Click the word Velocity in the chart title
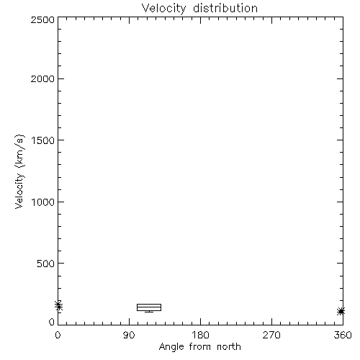pyautogui.click(x=163, y=9)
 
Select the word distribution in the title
pyautogui.click(x=225, y=8)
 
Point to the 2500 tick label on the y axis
pyautogui.click(x=42, y=19)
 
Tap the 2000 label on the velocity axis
pyautogui.click(x=42, y=78)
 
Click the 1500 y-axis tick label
pyautogui.click(x=43, y=140)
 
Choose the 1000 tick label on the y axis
pyautogui.click(x=43, y=202)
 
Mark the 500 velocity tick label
pyautogui.click(x=46, y=264)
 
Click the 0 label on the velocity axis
pyautogui.click(x=52, y=322)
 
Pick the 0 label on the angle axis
pyautogui.click(x=58, y=335)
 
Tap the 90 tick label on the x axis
pyautogui.click(x=129, y=335)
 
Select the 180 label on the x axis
pyautogui.click(x=200, y=335)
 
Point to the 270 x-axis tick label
pyautogui.click(x=271, y=335)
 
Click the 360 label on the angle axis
pyautogui.click(x=343, y=335)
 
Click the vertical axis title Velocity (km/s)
pyautogui.click(x=19, y=171)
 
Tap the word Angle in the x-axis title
pyautogui.click(x=171, y=347)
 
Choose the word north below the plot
pyautogui.click(x=229, y=346)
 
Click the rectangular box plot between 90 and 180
pyautogui.click(x=149, y=304)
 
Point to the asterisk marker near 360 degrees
pyautogui.click(x=341, y=312)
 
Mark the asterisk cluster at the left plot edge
pyautogui.click(x=58, y=305)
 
